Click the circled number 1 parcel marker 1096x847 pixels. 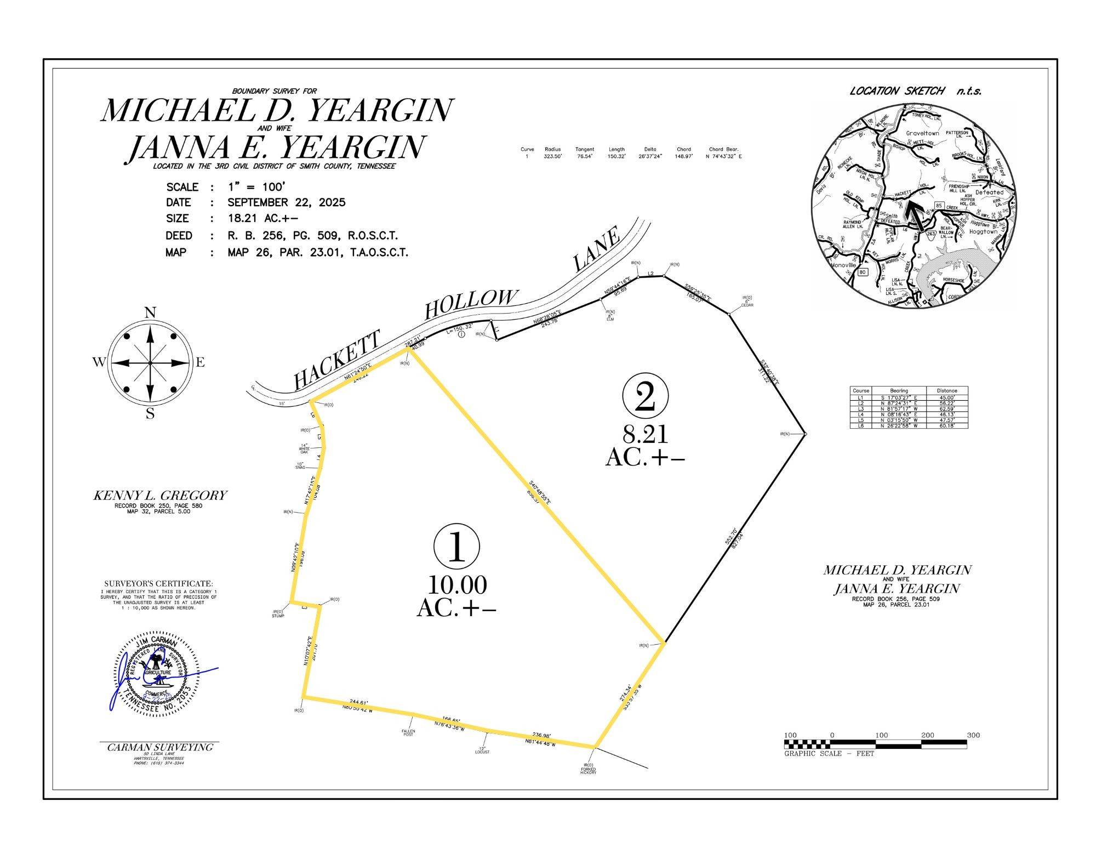[456, 547]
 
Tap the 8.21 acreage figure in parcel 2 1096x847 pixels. [645, 434]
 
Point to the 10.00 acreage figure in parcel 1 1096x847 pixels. [456, 585]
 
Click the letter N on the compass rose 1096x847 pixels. [150, 313]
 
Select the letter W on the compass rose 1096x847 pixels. [99, 362]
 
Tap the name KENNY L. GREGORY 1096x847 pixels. [160, 495]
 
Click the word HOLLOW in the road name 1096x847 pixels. [471, 303]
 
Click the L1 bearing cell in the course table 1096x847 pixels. [899, 397]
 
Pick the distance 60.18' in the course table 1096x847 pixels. [946, 425]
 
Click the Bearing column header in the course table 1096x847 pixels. [899, 391]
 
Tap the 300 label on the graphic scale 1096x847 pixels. [973, 735]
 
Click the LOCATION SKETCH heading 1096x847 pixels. [897, 91]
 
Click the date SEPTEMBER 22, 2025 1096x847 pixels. [287, 202]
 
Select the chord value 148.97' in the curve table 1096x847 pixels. [683, 157]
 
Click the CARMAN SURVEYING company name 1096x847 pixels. [160, 747]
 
